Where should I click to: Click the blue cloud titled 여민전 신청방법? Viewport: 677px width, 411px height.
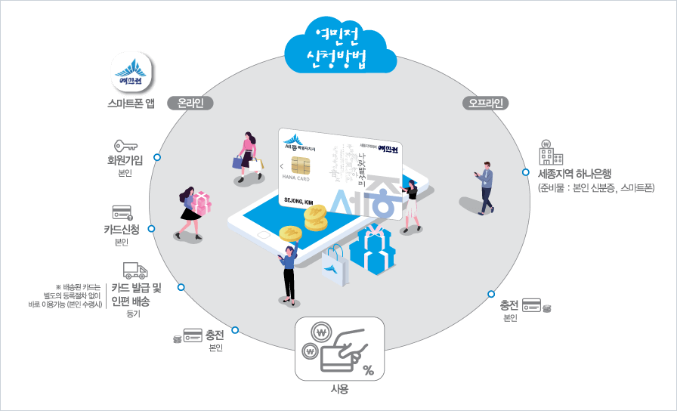click(x=340, y=47)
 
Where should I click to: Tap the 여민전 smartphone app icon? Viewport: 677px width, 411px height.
click(x=131, y=73)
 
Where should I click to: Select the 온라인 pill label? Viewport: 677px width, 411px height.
click(x=190, y=103)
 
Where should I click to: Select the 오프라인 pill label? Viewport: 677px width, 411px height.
click(x=485, y=103)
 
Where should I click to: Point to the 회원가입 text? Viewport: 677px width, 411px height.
click(x=125, y=159)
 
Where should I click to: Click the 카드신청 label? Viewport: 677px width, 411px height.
click(x=122, y=229)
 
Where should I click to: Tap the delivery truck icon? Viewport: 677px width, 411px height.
click(x=134, y=271)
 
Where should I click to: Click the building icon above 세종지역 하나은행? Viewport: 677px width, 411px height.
click(x=551, y=153)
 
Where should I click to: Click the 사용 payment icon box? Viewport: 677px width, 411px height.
click(x=339, y=348)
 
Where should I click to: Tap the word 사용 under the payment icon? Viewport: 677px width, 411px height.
click(x=339, y=389)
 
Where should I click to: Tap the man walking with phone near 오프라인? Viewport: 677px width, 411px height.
click(x=484, y=186)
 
